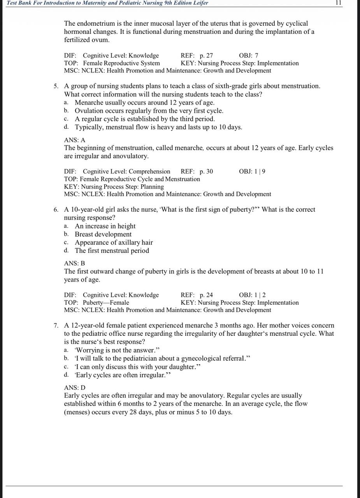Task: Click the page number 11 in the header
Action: click(x=338, y=3)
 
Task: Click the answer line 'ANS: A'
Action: click(x=75, y=140)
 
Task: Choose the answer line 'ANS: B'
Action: click(x=74, y=263)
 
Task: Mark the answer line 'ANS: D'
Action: click(x=75, y=388)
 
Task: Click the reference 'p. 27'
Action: click(x=206, y=56)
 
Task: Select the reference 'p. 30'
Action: click(x=206, y=172)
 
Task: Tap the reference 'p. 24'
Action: click(x=206, y=295)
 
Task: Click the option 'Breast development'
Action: click(x=103, y=234)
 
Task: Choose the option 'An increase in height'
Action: click(x=105, y=226)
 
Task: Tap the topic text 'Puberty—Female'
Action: click(x=106, y=303)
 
